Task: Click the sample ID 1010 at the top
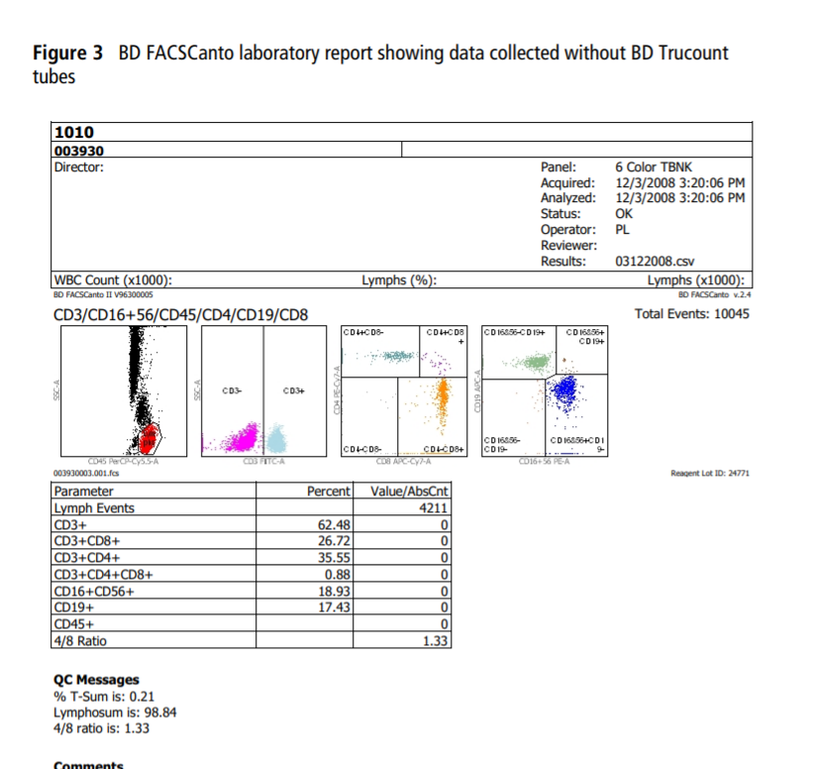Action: click(74, 132)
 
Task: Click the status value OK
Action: click(624, 214)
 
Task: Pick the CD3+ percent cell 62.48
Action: click(333, 524)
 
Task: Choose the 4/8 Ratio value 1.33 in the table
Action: click(436, 640)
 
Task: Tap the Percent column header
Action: click(329, 492)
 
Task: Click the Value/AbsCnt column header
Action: click(409, 492)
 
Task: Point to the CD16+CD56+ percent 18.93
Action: click(333, 592)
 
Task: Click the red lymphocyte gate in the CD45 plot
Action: click(149, 434)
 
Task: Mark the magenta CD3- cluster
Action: click(238, 435)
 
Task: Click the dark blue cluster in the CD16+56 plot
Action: click(565, 393)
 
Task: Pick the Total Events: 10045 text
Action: click(692, 314)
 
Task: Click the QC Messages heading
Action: click(96, 680)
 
